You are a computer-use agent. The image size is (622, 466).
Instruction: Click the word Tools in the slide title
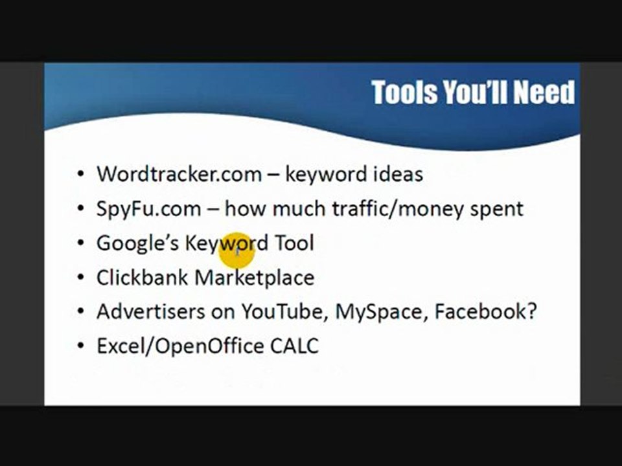tap(405, 93)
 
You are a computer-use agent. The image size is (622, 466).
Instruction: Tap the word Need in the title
tap(544, 93)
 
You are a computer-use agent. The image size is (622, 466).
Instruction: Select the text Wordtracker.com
tap(179, 174)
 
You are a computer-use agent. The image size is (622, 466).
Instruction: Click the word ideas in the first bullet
tap(398, 174)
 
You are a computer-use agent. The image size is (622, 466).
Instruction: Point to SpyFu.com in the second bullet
tap(148, 209)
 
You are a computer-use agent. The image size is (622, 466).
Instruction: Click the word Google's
tap(137, 243)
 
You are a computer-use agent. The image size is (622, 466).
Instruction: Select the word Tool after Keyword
tap(295, 243)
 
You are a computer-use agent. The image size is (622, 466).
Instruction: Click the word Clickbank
tap(143, 278)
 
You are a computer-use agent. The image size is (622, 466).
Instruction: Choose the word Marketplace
tap(255, 278)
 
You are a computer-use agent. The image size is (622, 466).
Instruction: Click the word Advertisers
tap(150, 312)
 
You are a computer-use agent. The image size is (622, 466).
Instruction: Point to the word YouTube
tap(285, 312)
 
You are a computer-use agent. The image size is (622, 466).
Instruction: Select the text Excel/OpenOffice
tap(180, 346)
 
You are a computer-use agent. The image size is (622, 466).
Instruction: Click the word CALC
tap(294, 346)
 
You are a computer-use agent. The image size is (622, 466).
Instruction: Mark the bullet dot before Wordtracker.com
tap(80, 175)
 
